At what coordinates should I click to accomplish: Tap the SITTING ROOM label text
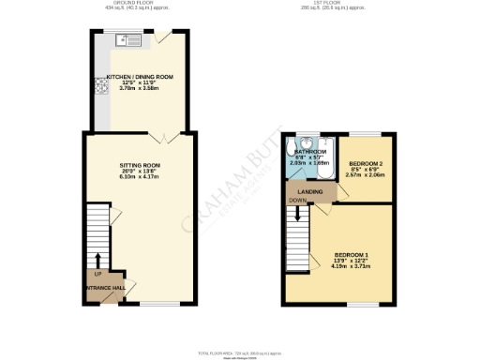[140, 166]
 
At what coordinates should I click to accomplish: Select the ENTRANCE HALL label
[104, 287]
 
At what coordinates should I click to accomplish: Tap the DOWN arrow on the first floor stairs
[297, 213]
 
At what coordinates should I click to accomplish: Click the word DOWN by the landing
[297, 200]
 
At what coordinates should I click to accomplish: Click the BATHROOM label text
[310, 151]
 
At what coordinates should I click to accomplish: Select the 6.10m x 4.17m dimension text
[140, 177]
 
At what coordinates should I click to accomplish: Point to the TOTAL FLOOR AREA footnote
[240, 352]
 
